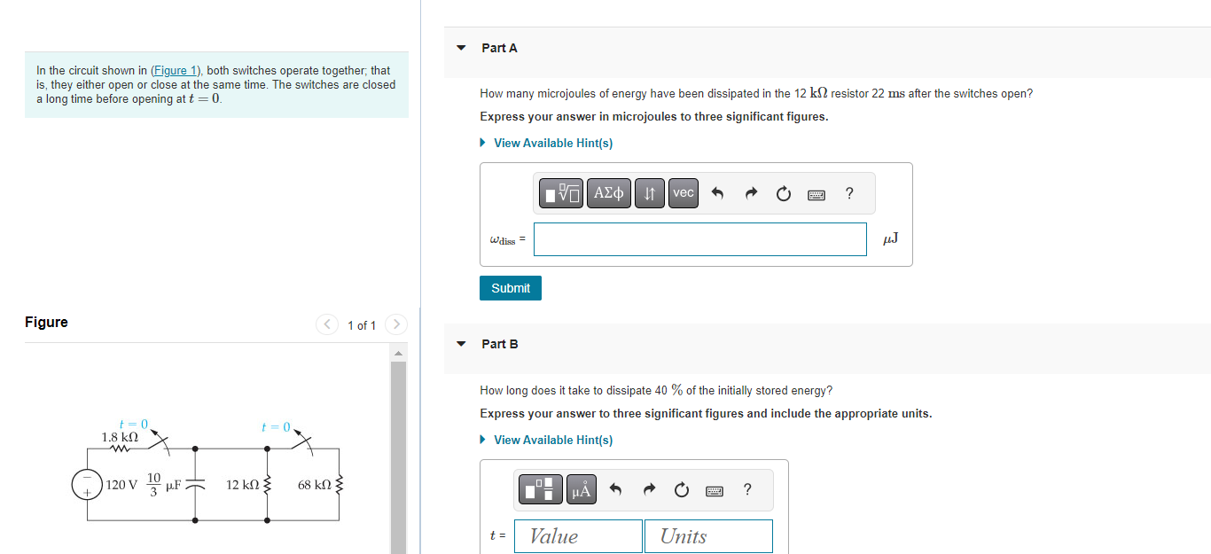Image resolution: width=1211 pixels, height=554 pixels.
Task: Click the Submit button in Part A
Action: pyautogui.click(x=511, y=288)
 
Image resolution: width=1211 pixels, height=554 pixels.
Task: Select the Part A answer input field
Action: pyautogui.click(x=699, y=239)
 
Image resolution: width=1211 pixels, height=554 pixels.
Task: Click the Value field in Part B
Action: pyautogui.click(x=578, y=536)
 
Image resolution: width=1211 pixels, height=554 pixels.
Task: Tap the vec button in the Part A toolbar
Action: pyautogui.click(x=683, y=193)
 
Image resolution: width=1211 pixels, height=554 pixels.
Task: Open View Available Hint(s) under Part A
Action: pyautogui.click(x=552, y=143)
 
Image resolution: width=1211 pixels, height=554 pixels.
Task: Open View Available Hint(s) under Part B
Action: pyautogui.click(x=552, y=440)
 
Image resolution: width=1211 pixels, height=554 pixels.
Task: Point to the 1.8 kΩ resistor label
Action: pyautogui.click(x=120, y=437)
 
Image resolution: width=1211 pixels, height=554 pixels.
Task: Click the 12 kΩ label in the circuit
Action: pyautogui.click(x=242, y=485)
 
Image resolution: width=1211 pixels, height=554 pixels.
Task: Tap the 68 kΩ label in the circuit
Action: pyautogui.click(x=315, y=485)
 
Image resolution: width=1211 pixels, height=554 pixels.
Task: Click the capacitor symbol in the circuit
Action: pyautogui.click(x=194, y=485)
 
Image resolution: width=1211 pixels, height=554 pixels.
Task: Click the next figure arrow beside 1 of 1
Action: pyautogui.click(x=396, y=324)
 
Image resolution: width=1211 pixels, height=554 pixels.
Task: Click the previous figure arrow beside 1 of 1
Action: pyautogui.click(x=327, y=324)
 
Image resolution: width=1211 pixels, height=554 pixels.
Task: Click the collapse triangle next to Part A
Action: pyautogui.click(x=461, y=48)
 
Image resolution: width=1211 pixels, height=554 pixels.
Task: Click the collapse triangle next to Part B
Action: pyautogui.click(x=461, y=344)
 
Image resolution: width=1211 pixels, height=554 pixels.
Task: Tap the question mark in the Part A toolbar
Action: pyautogui.click(x=849, y=193)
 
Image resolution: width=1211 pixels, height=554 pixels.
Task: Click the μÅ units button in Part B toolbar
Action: pyautogui.click(x=581, y=489)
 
